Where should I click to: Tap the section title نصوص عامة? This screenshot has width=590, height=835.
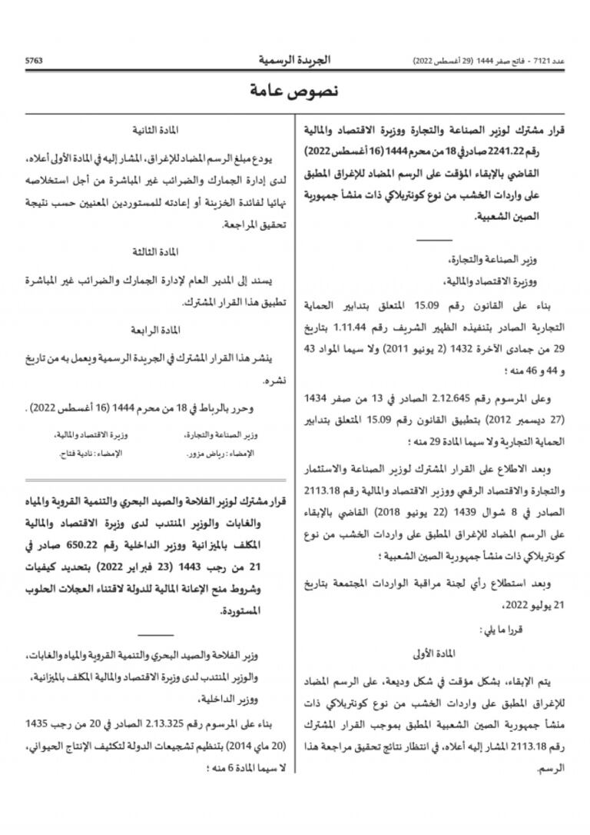click(x=294, y=91)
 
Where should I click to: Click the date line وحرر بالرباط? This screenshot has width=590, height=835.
click(x=154, y=408)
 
